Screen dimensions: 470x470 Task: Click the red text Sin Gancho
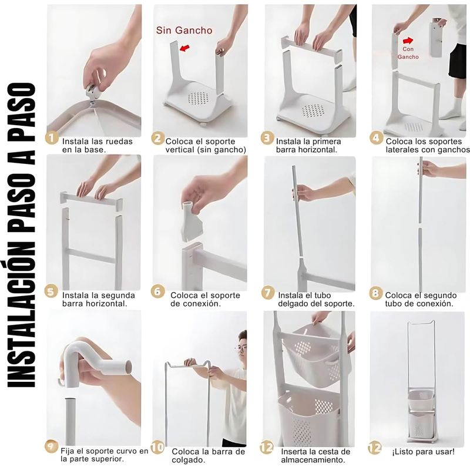click(x=184, y=31)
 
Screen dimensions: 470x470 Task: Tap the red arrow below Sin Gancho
click(x=184, y=48)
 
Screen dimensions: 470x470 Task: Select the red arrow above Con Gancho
click(x=408, y=41)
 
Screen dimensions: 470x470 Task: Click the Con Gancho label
click(x=408, y=53)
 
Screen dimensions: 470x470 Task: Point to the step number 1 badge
click(x=52, y=138)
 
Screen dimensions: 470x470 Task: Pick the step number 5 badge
click(x=51, y=291)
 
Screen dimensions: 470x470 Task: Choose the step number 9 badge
click(x=52, y=446)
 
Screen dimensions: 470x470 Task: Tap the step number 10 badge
click(x=157, y=448)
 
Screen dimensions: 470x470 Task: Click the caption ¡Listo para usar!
click(x=423, y=451)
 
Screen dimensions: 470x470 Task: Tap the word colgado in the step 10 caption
click(x=188, y=460)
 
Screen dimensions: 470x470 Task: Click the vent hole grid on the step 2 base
click(x=198, y=98)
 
